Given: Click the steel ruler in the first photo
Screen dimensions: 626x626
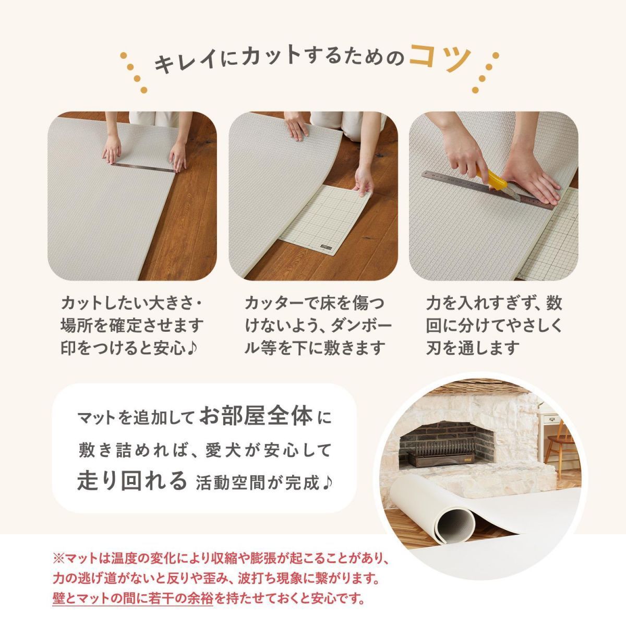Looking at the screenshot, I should pos(143,165).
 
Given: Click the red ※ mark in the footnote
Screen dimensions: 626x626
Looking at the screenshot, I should pos(57,559).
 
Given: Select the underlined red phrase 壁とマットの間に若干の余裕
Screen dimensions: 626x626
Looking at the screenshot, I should pos(133,597).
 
